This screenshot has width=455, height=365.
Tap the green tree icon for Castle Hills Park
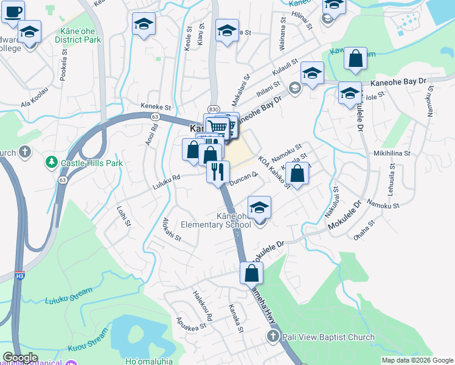51,163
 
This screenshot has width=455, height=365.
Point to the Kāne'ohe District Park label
77,34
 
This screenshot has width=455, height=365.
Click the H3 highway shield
19,275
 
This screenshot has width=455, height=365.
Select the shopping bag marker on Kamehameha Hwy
251,273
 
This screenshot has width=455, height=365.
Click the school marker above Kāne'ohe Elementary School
259,207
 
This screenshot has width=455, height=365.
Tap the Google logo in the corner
21,358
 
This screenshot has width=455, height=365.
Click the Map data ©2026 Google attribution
417,360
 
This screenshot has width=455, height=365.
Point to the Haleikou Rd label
203,305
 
